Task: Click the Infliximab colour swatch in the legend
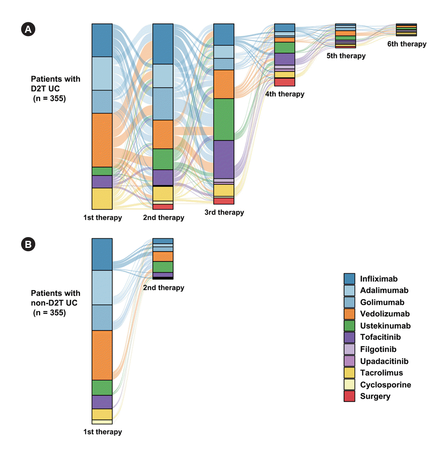pos(349,279)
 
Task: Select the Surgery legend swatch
pos(349,396)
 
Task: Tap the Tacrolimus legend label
pos(381,373)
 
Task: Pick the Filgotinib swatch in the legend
pos(349,349)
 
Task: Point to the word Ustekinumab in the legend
pos(385,326)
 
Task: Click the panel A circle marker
pos(28,29)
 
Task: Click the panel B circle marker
pos(28,244)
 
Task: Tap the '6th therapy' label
pos(406,44)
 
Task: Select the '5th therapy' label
pos(346,56)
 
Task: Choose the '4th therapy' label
pos(285,94)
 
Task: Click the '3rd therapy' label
pos(224,213)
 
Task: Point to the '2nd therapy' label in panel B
pos(163,288)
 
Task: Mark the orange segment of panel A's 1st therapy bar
pos(102,140)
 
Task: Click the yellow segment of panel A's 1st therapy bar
pos(102,198)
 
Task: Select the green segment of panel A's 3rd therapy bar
pos(224,119)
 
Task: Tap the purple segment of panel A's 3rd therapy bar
pos(224,159)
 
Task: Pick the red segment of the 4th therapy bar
pos(285,82)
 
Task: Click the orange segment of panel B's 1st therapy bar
pos(102,355)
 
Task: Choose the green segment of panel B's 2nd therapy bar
pos(163,267)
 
